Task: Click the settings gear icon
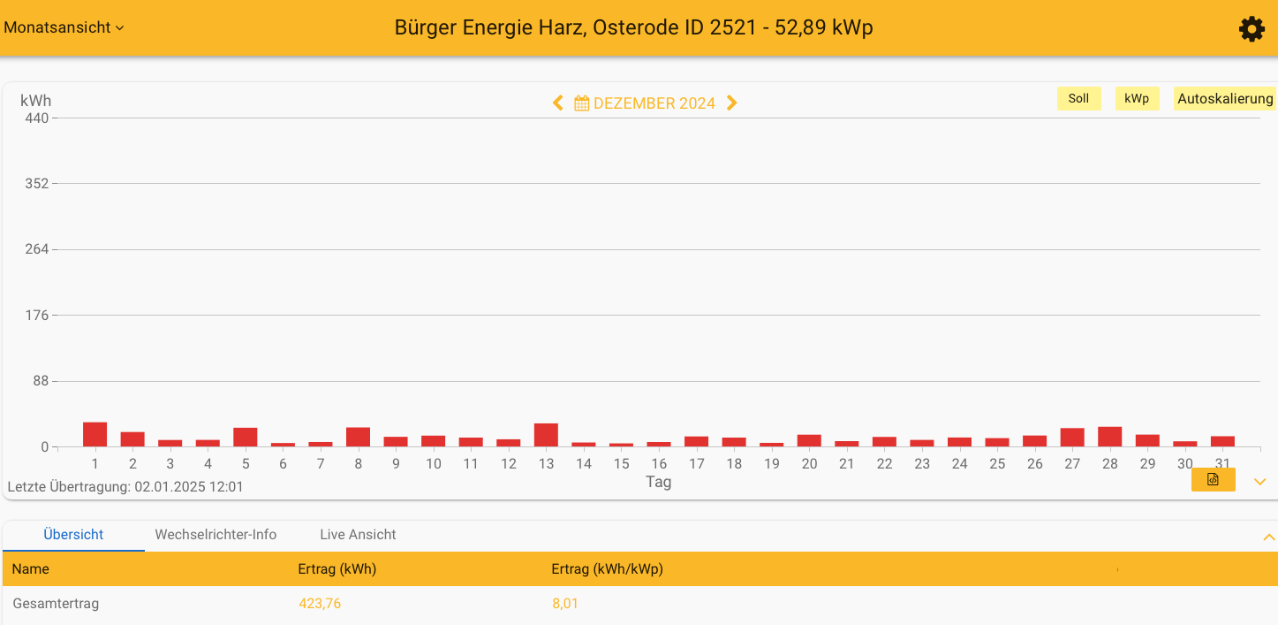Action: (1252, 29)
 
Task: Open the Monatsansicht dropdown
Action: (64, 27)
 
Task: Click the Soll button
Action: (1078, 99)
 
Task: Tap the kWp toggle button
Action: (1137, 99)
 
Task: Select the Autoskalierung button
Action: (1224, 99)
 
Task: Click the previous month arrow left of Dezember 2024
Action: (557, 103)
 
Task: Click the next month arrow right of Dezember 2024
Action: (731, 103)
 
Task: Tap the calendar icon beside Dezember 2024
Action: (581, 103)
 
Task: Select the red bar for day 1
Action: (95, 435)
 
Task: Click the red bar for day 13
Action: (546, 435)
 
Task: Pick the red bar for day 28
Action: (1109, 437)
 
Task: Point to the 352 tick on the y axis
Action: (37, 184)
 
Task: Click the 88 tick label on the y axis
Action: (40, 381)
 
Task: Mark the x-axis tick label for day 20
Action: (809, 464)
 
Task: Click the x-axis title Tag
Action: (658, 482)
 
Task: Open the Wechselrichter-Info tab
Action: (216, 535)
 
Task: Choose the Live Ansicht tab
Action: (358, 535)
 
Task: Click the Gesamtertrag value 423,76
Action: (320, 604)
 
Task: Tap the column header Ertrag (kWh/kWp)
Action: (607, 569)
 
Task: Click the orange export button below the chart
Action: (1213, 479)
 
